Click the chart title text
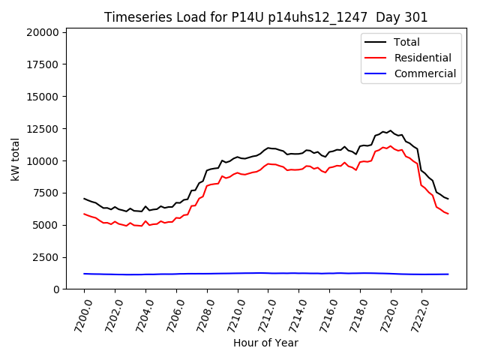point(266,17)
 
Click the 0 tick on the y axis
point(56,289)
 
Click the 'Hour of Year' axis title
point(265,343)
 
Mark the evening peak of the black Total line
point(390,130)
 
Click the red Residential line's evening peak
point(390,146)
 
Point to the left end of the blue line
point(84,274)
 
